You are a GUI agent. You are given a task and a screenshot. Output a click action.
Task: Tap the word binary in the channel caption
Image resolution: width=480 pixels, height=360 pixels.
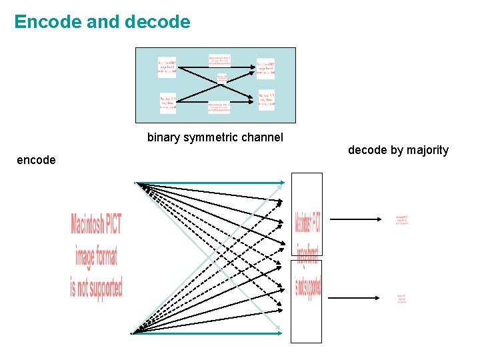(x=164, y=138)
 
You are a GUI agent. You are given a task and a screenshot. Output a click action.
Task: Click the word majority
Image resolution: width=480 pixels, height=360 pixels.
(x=427, y=150)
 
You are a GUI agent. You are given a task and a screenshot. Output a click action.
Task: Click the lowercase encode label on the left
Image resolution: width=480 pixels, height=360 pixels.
(x=36, y=160)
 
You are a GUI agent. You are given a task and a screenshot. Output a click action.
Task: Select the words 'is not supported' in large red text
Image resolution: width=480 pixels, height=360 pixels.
(x=97, y=288)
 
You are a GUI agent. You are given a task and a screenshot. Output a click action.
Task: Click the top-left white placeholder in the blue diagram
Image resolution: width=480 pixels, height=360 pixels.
(x=167, y=67)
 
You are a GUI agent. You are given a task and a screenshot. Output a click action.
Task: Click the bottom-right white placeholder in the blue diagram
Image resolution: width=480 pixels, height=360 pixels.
(x=266, y=99)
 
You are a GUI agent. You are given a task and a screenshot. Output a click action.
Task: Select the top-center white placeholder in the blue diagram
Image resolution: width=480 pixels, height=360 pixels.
(x=219, y=60)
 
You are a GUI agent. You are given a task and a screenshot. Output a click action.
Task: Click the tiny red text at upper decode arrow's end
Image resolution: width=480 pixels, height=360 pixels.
(x=401, y=219)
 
